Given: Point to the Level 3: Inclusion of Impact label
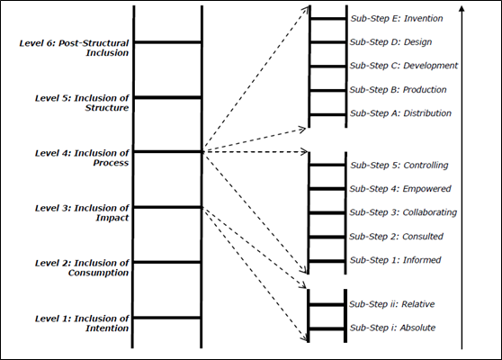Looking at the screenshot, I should (x=82, y=212).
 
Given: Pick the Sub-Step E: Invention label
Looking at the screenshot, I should (x=397, y=18).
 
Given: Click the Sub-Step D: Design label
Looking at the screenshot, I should (x=392, y=41).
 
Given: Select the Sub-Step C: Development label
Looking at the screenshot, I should (x=403, y=66).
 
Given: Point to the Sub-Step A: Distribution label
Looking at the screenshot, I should (x=400, y=113).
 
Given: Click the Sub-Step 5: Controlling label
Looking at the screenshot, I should (x=399, y=166).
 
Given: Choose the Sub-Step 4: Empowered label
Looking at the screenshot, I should (x=400, y=189).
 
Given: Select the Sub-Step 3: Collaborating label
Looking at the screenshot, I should (x=403, y=213).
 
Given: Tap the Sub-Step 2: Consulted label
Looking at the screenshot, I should (x=396, y=237).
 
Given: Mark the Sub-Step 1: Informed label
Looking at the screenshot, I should (x=395, y=260).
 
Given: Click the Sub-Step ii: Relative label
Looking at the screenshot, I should (x=392, y=305).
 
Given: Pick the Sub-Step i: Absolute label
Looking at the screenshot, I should (x=392, y=328).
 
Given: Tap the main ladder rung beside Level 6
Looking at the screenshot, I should (x=167, y=41).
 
